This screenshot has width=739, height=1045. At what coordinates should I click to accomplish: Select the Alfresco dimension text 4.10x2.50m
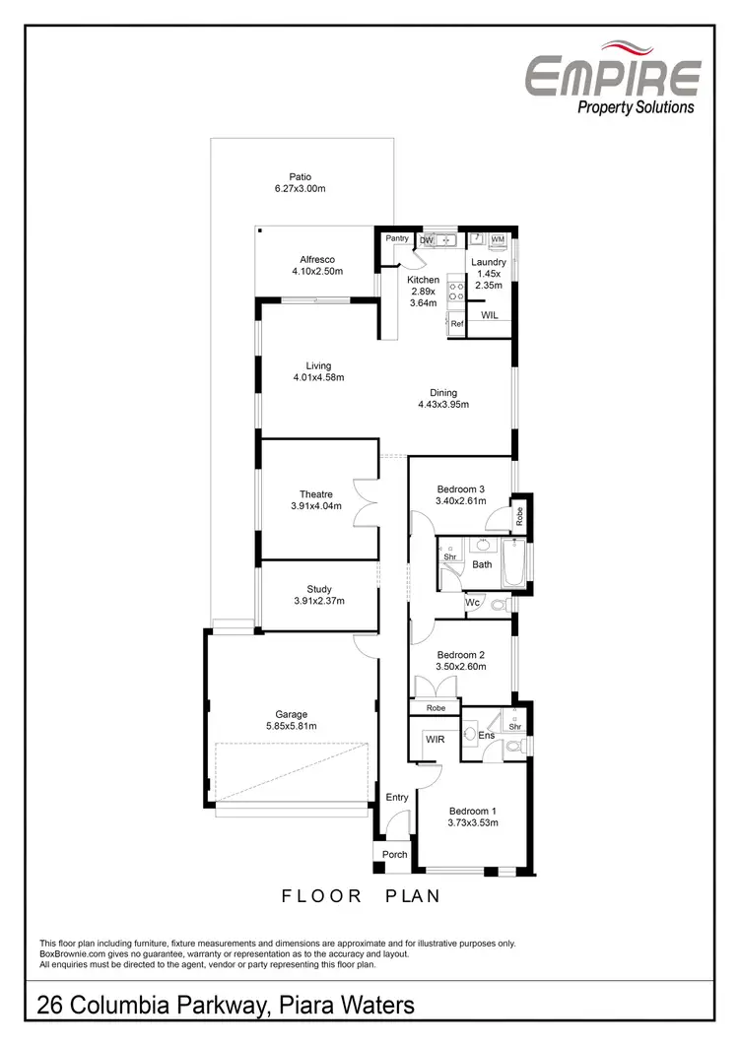point(317,271)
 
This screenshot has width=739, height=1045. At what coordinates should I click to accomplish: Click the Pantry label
point(397,238)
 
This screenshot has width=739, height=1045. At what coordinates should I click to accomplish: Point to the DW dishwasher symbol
point(427,239)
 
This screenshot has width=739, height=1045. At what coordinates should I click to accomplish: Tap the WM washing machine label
point(498,239)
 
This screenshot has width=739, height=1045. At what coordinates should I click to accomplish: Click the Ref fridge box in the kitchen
point(456,323)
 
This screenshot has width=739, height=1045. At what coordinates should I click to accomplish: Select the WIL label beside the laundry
point(490,315)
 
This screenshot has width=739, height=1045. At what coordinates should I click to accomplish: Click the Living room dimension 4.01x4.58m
point(318,377)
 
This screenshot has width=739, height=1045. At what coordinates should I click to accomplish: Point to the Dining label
point(443,393)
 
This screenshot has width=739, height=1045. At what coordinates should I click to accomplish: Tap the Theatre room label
point(316,494)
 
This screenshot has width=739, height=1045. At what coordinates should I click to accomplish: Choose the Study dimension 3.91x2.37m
point(319,601)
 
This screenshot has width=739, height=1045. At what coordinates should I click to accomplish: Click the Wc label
point(473,602)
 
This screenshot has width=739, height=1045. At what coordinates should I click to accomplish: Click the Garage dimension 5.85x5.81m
point(292,726)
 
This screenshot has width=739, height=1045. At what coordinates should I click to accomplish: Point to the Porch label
point(394,854)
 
